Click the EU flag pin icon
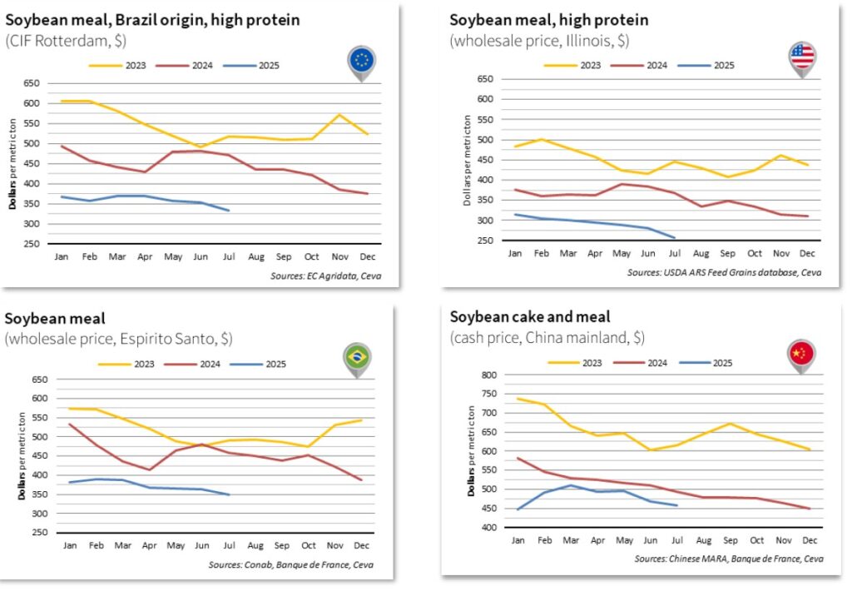[362, 61]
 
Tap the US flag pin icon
[802, 57]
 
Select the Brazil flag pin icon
[357, 359]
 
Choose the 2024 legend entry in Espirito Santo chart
[201, 364]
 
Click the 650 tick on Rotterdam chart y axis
[31, 83]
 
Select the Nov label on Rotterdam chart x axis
[339, 257]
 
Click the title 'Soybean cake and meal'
[530, 317]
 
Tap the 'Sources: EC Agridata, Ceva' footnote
[325, 276]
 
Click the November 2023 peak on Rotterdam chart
[339, 115]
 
